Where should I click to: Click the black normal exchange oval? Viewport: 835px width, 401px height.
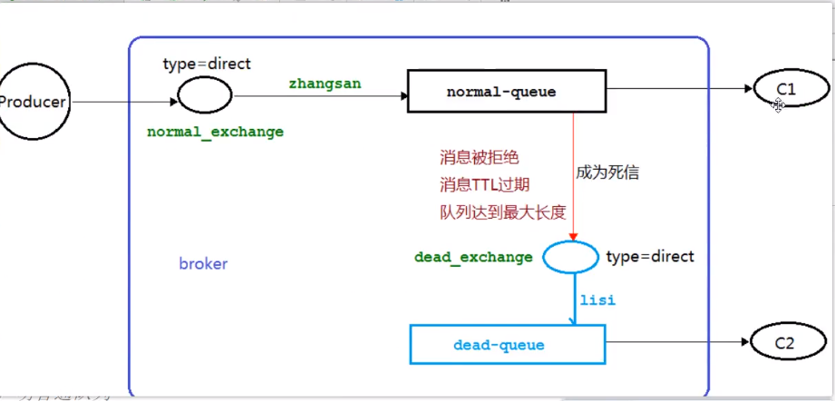(x=203, y=93)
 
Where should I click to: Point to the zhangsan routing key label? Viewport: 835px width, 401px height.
(x=325, y=83)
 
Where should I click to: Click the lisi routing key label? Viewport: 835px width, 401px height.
(x=597, y=299)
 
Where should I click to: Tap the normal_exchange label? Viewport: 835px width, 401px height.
(x=215, y=132)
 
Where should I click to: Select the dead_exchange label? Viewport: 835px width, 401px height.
(x=473, y=257)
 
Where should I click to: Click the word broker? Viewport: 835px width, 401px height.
(x=203, y=264)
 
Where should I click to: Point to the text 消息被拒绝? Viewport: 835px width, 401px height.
(x=480, y=157)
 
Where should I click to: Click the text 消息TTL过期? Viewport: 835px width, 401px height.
(x=484, y=185)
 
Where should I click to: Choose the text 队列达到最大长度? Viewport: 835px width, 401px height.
(x=502, y=213)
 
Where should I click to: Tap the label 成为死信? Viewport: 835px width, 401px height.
(x=607, y=171)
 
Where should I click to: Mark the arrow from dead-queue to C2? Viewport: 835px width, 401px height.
(x=675, y=342)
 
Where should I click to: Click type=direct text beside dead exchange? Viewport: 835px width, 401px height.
(x=649, y=256)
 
